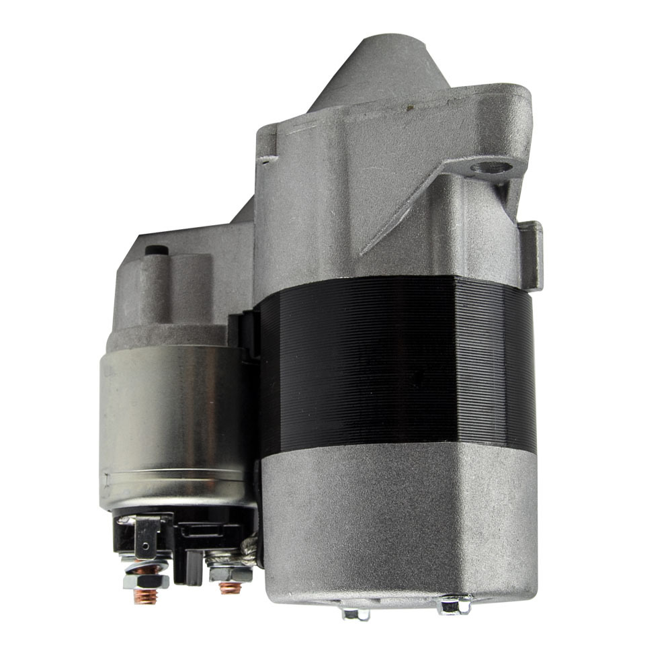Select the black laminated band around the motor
tap(396, 363)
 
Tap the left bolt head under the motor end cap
tap(354, 612)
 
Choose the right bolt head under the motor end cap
tap(454, 605)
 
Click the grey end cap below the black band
tap(396, 517)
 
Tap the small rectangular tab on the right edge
tap(530, 252)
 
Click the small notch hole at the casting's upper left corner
tap(268, 160)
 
